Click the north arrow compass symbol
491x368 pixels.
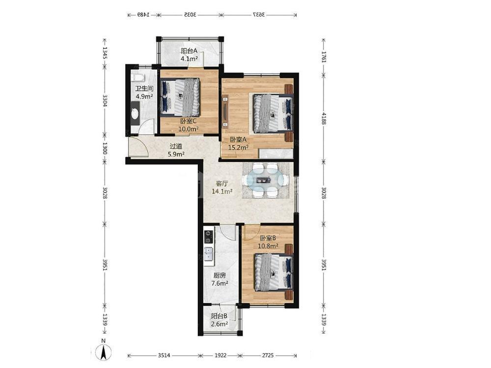pos(104,351)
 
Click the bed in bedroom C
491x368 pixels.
pos(180,97)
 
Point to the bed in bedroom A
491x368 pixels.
pos(273,113)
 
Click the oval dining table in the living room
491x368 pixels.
pos(266,180)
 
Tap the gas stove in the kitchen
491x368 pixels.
pos(208,237)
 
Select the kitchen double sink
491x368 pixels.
pos(209,254)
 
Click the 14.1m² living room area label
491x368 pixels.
pos(222,191)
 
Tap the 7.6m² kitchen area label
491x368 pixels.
pos(219,284)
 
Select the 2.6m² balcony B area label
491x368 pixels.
pos(219,324)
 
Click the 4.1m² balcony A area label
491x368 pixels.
pos(189,58)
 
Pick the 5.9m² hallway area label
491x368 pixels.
pos(176,154)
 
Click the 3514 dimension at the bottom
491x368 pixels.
pos(164,355)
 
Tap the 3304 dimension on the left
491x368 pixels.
pos(105,101)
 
